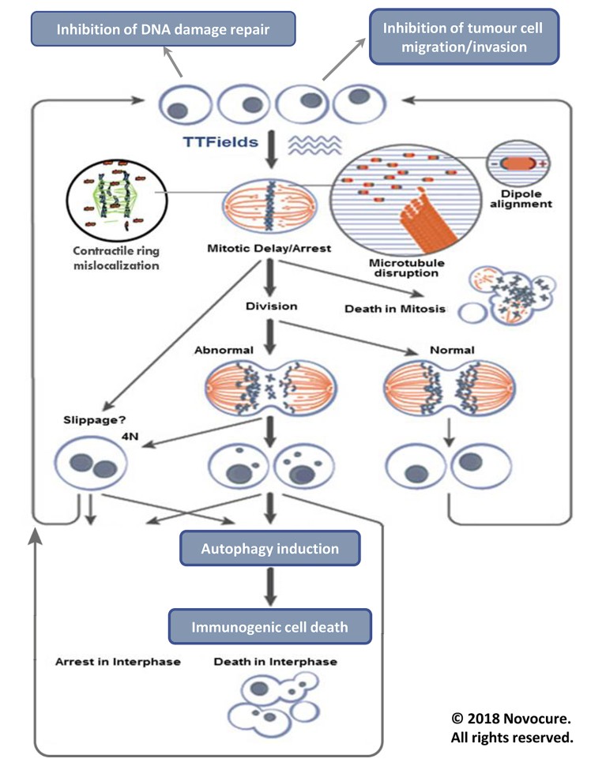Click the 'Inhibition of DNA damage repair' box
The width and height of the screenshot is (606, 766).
point(163,31)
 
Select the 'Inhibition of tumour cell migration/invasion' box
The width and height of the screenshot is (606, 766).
point(464,37)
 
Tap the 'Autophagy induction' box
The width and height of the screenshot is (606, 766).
point(269,548)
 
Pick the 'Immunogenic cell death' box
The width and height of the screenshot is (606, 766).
point(269,627)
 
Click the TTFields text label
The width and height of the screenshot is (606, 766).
point(218,144)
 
